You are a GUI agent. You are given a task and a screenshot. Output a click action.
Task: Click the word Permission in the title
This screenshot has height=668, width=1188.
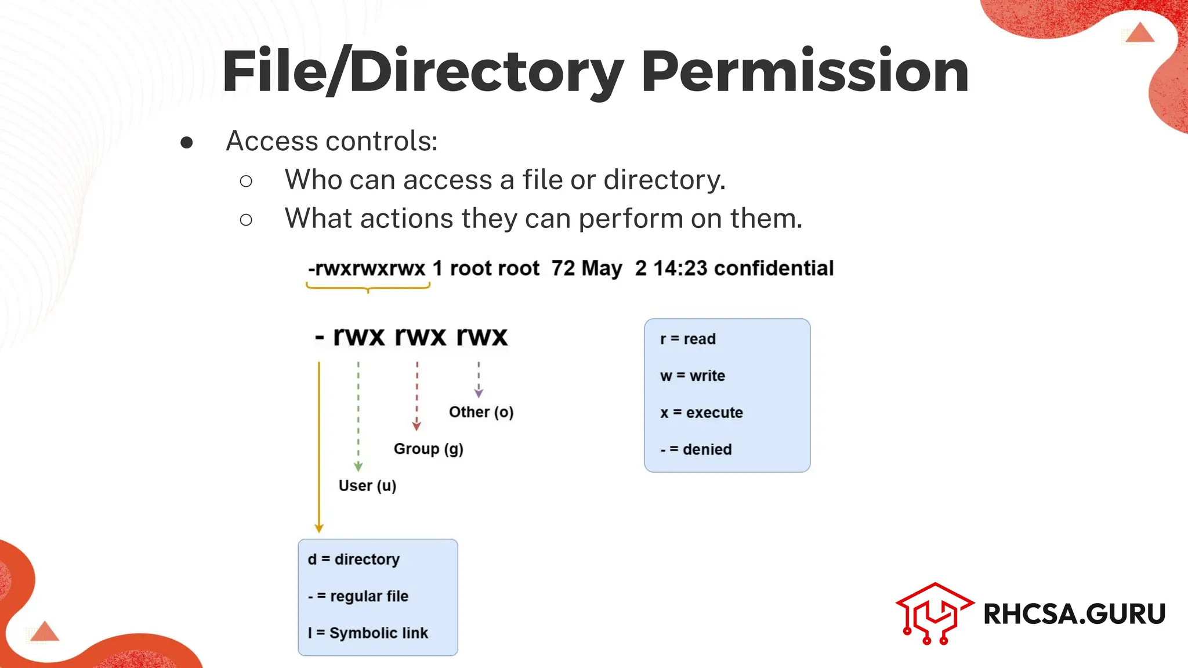pos(805,72)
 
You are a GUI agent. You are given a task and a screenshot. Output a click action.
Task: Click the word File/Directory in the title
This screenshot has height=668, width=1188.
pos(423,72)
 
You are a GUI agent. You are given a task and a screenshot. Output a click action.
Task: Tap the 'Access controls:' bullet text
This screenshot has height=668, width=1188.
pos(331,141)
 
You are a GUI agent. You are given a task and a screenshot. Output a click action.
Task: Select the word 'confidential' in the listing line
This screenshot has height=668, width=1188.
pos(773,268)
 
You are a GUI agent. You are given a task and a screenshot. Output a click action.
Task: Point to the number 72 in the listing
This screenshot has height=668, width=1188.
pos(563,268)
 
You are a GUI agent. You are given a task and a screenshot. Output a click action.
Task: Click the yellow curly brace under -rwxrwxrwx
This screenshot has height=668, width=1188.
pos(368,286)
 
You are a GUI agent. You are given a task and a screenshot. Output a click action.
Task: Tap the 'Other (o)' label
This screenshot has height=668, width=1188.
pos(481,412)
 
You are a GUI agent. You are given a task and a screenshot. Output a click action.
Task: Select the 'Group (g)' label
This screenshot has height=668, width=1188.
pos(428,449)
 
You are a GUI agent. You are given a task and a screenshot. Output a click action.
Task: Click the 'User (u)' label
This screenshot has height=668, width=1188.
pos(367,486)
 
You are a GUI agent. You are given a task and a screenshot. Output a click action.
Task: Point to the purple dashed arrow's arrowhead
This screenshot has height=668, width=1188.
pos(479,393)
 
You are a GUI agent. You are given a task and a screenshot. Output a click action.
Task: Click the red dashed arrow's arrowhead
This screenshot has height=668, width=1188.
pos(416,426)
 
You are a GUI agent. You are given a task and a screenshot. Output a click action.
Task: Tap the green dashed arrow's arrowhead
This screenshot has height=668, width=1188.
pos(358,467)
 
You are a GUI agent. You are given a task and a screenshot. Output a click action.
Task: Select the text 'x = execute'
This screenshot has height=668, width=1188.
pos(701,413)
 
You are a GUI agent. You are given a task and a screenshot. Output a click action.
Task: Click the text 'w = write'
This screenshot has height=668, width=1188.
pos(693,376)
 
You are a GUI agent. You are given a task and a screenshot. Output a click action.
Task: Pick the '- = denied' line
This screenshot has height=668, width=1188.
pos(696,449)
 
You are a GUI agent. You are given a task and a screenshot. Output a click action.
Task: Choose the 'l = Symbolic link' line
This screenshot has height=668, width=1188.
pos(368,633)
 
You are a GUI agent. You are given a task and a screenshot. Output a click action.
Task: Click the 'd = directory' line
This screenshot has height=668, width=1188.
pos(353,560)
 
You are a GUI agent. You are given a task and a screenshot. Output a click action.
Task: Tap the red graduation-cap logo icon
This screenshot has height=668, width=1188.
pos(933,613)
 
